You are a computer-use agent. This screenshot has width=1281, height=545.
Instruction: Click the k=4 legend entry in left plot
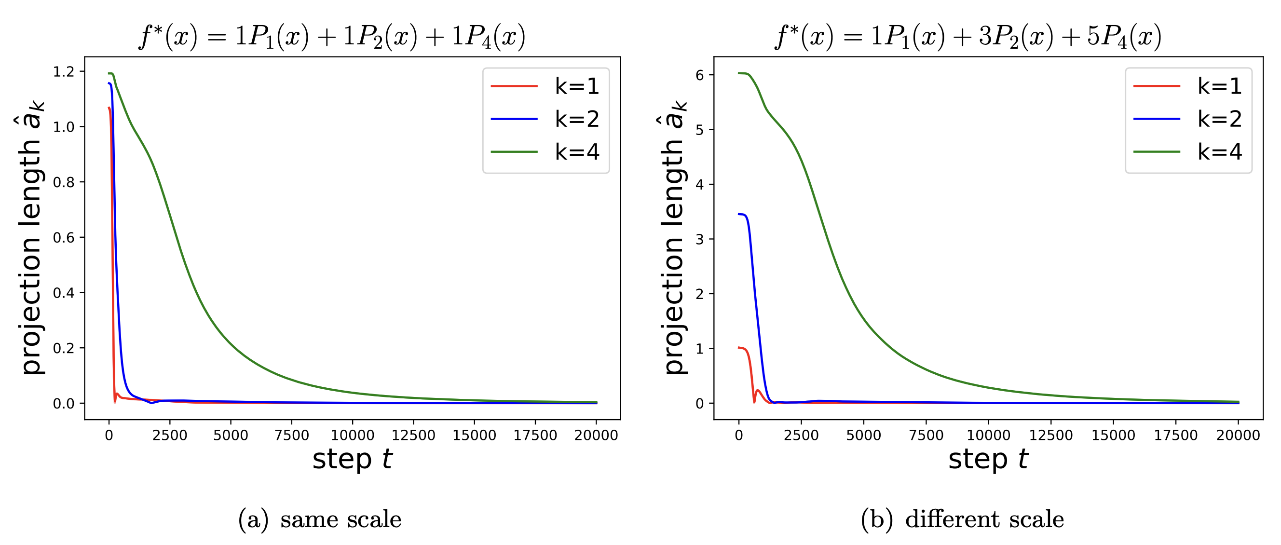[546, 151]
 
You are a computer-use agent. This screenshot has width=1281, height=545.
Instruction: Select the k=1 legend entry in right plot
[1188, 86]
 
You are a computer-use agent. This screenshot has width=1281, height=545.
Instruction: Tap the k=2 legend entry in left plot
[546, 119]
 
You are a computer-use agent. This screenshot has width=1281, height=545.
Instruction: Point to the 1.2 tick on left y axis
[63, 71]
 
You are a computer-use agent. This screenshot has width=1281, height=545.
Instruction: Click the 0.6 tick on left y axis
[63, 238]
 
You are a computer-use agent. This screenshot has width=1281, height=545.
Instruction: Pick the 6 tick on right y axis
[699, 75]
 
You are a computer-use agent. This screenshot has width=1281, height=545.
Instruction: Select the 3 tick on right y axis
[699, 239]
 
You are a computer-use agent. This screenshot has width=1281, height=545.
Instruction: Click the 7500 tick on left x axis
[292, 435]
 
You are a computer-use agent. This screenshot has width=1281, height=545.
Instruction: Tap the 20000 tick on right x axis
[1238, 435]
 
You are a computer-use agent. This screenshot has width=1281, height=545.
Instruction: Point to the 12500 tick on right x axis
[1051, 435]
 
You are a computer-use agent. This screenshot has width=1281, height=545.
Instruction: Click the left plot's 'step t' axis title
[352, 459]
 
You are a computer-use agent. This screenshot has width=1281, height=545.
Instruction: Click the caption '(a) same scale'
[320, 519]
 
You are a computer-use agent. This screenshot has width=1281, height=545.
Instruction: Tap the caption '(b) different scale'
[962, 519]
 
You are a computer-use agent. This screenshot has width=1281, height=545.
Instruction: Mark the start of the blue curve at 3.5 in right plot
[739, 214]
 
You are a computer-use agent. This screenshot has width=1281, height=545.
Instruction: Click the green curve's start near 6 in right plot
[739, 73]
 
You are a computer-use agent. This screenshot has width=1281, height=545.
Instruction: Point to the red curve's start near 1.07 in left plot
[109, 108]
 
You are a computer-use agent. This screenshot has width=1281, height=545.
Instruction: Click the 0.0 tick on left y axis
[63, 403]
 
